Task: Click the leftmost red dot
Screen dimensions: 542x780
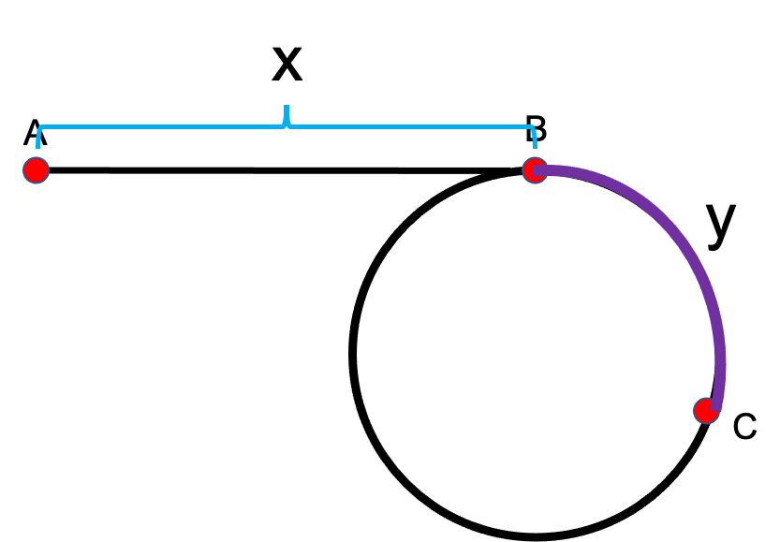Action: click(36, 169)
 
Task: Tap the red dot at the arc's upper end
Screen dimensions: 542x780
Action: click(535, 169)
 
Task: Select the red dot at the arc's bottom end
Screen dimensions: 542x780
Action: click(706, 410)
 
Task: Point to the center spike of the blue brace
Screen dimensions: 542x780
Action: click(287, 117)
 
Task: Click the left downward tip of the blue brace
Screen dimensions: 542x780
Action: click(38, 146)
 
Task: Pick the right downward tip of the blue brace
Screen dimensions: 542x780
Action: click(535, 146)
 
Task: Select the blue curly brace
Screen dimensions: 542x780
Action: click(287, 125)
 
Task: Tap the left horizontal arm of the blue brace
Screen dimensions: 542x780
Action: click(159, 126)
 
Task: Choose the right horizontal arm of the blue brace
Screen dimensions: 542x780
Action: click(412, 126)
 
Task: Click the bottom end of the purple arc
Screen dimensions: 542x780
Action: click(715, 406)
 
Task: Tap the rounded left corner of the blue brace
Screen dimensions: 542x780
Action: click(41, 129)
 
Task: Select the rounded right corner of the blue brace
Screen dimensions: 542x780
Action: click(531, 129)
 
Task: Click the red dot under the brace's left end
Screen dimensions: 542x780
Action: click(36, 169)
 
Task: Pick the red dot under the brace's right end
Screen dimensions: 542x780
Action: click(535, 169)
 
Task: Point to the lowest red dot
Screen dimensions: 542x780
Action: click(706, 410)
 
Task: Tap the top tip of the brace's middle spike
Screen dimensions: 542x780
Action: click(287, 107)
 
